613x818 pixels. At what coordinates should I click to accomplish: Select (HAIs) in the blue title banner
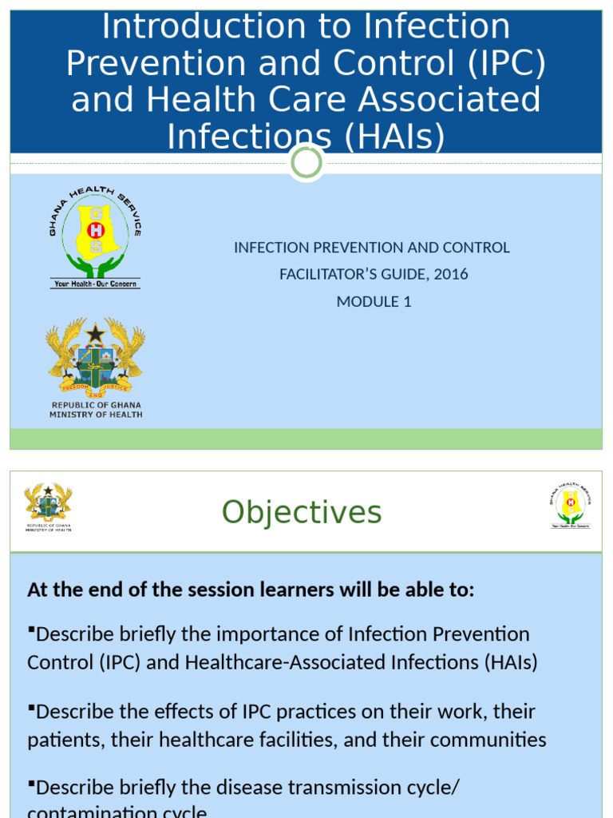(x=394, y=137)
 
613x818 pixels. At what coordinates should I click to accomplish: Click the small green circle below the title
(x=306, y=163)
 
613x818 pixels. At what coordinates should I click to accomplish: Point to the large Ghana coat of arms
(x=96, y=355)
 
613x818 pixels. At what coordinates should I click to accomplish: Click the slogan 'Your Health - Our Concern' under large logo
(x=95, y=284)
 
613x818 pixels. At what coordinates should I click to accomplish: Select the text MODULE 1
(x=374, y=301)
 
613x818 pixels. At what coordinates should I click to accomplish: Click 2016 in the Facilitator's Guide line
(x=451, y=274)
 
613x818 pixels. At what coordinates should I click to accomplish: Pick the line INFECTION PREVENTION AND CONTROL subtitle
(x=371, y=248)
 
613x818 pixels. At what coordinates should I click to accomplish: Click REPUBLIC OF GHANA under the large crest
(x=96, y=405)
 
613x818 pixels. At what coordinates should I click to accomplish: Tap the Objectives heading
(x=302, y=512)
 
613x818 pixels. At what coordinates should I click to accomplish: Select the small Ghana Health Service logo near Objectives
(x=570, y=505)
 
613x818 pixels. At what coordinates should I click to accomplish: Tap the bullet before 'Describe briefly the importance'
(x=31, y=631)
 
